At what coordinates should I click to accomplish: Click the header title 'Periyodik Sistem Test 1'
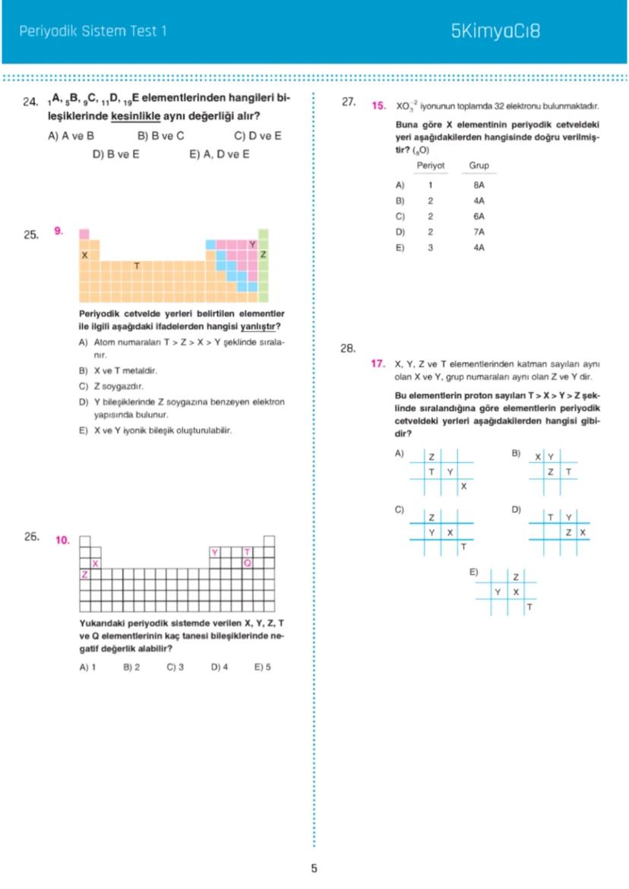(x=92, y=31)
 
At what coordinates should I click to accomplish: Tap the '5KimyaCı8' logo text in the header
(x=495, y=31)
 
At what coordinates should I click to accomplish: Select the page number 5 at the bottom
(x=314, y=869)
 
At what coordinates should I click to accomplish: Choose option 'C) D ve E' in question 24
(x=258, y=136)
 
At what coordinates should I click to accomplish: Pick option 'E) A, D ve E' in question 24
(x=219, y=154)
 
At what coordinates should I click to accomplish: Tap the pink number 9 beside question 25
(x=58, y=229)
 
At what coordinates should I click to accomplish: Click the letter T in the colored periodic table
(x=137, y=266)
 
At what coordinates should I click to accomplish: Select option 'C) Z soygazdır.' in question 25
(x=112, y=386)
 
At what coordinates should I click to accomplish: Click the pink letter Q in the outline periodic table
(x=247, y=563)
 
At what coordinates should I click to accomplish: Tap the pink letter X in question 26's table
(x=96, y=563)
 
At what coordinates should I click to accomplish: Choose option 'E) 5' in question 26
(x=263, y=667)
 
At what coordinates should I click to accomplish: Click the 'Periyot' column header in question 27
(x=430, y=166)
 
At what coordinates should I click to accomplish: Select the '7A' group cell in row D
(x=479, y=232)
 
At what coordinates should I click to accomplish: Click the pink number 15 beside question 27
(x=378, y=106)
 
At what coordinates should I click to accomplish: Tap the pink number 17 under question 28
(x=378, y=364)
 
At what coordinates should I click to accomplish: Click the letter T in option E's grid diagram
(x=529, y=607)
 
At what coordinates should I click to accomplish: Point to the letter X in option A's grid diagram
(x=463, y=486)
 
